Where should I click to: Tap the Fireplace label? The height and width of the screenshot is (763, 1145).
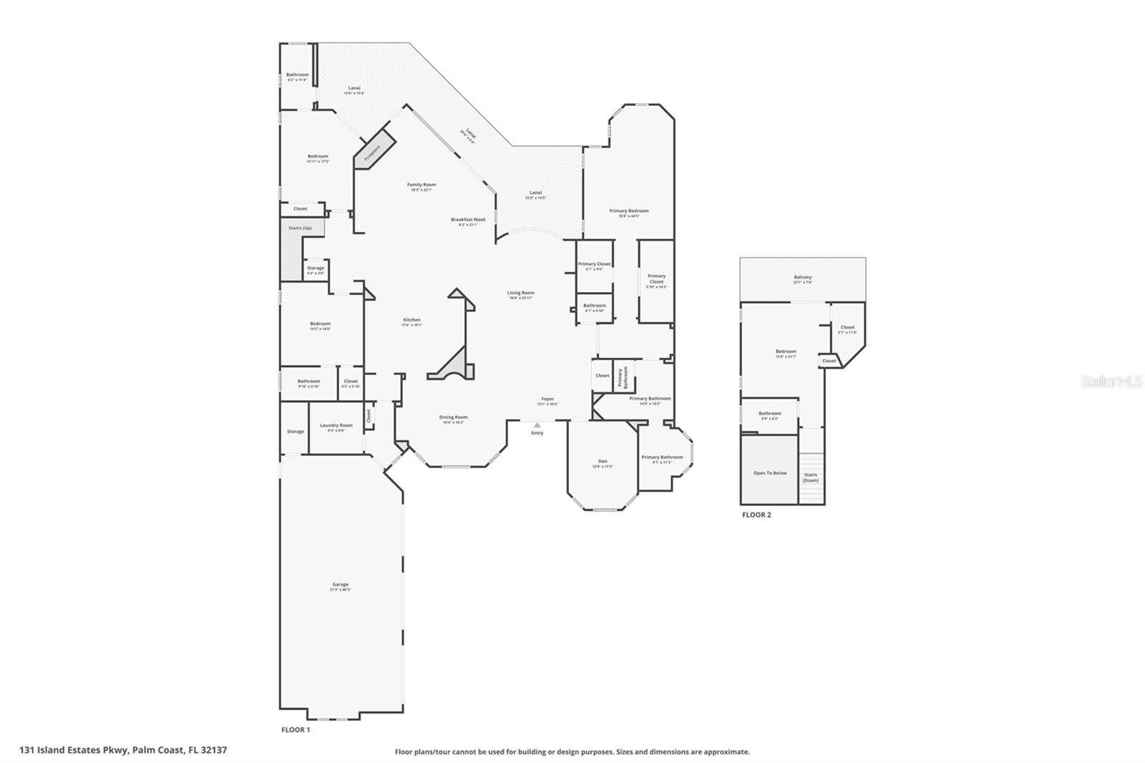[x=372, y=152]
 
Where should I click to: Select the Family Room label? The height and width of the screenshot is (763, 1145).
[x=422, y=185]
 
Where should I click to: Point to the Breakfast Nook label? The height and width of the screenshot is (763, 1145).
[x=468, y=220]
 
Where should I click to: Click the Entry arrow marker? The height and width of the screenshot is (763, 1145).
[x=537, y=425]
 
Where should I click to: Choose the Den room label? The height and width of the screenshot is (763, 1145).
[x=603, y=462]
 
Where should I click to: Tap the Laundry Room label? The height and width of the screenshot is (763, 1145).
[x=336, y=426]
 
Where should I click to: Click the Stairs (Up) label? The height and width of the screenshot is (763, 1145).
[x=300, y=228]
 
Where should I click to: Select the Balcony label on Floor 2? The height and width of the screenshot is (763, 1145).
[x=802, y=278]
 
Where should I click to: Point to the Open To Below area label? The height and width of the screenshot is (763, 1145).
[x=769, y=473]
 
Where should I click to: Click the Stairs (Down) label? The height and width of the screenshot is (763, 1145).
[x=810, y=477]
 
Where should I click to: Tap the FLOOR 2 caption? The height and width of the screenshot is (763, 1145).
[x=756, y=515]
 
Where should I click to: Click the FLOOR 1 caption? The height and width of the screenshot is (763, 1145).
[x=295, y=730]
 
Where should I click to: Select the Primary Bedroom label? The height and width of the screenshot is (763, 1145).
[x=629, y=212]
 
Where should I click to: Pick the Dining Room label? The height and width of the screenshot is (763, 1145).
[x=453, y=418]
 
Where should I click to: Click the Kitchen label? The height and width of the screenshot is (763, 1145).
[x=411, y=321]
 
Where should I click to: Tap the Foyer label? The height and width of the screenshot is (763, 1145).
[x=547, y=399]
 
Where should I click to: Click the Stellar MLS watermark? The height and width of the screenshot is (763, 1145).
[x=1111, y=381]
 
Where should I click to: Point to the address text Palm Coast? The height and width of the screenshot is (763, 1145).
[x=160, y=750]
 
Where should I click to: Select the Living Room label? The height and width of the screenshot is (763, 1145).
[x=521, y=293]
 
